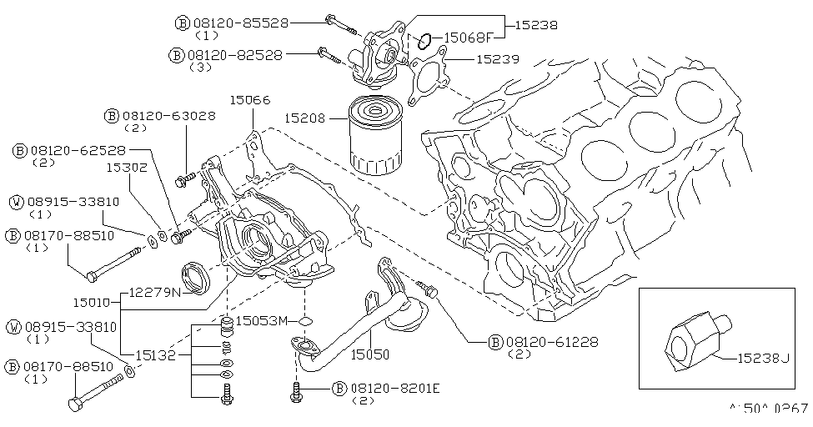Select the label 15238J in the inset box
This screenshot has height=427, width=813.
point(762,358)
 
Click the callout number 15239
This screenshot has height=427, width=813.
point(497,59)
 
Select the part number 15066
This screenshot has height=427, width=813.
point(250,100)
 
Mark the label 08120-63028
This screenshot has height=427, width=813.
point(168,116)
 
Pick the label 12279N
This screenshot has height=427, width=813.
point(154,293)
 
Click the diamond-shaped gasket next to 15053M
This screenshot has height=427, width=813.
point(305,321)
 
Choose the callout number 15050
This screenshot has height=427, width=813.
point(369,354)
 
